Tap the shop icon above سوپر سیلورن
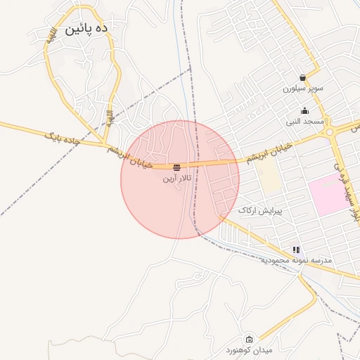tap(302, 77)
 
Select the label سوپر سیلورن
tap(304, 89)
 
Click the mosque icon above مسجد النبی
tap(304, 110)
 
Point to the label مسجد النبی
tap(304, 122)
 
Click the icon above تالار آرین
tap(176, 167)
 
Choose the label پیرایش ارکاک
tap(259, 210)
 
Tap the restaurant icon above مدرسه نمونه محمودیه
tap(296, 250)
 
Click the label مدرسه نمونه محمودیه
tap(296, 260)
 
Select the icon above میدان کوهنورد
tap(248, 339)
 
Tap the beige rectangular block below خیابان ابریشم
tap(269, 179)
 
